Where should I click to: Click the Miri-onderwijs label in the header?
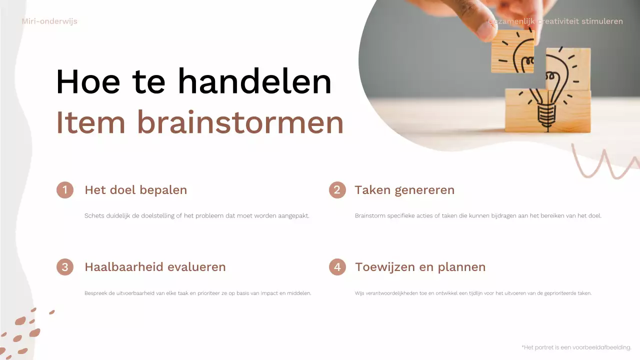[x=49, y=21]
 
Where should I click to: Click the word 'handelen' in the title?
[x=254, y=81]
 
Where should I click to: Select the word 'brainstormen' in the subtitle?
[x=240, y=122]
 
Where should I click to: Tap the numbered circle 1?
[x=65, y=190]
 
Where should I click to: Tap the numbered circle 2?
[x=337, y=190]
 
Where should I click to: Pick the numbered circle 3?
[x=65, y=267]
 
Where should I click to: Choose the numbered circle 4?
[x=337, y=267]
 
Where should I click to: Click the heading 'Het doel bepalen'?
[x=135, y=190]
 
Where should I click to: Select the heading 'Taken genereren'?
[x=404, y=190]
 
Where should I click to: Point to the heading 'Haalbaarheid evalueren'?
[x=155, y=267]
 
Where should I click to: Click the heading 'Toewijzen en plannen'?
[x=420, y=267]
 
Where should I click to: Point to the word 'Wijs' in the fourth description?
[x=359, y=293]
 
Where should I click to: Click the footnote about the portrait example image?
[x=576, y=347]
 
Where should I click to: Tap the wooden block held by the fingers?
[x=512, y=51]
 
